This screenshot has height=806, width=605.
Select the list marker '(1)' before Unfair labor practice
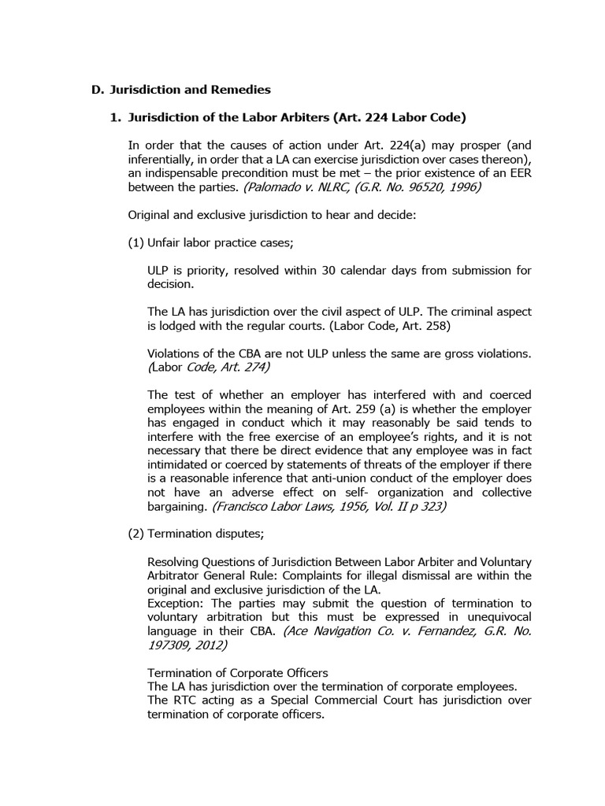pyautogui.click(x=135, y=242)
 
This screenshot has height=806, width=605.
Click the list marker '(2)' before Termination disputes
pyautogui.click(x=135, y=534)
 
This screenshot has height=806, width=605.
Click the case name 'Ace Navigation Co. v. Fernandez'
pyautogui.click(x=376, y=630)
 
